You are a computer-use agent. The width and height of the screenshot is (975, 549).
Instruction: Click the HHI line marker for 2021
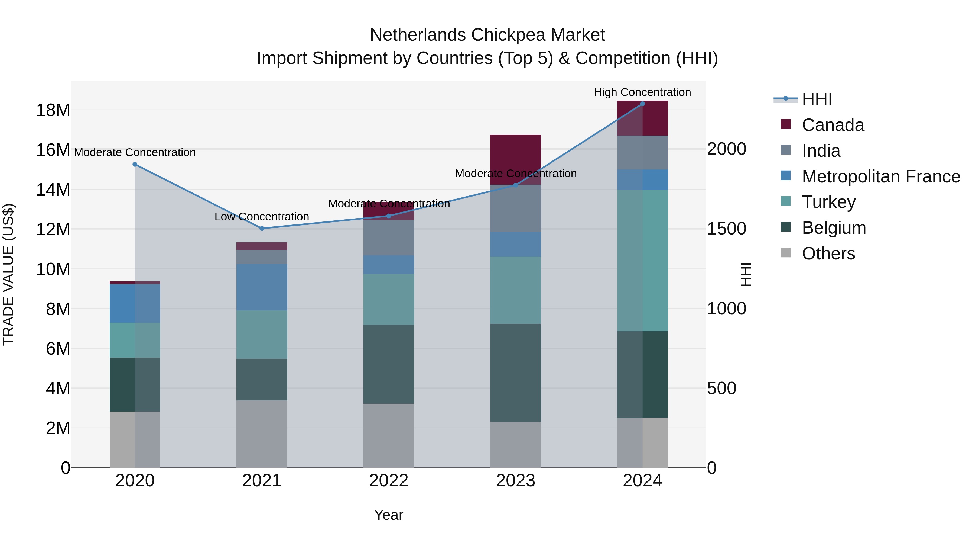(x=262, y=229)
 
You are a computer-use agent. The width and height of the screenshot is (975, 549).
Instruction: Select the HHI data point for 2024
(x=642, y=104)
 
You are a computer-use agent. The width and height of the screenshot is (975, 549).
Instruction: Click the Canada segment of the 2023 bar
(x=515, y=155)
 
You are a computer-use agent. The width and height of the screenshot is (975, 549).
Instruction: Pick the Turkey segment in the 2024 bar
(x=642, y=260)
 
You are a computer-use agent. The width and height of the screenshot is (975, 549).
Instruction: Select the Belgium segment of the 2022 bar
(x=388, y=364)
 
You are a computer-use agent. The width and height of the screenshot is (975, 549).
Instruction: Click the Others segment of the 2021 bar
(x=262, y=434)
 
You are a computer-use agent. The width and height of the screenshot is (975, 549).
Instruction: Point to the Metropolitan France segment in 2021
(x=262, y=287)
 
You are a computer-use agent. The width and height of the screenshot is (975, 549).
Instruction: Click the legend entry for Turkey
(x=828, y=202)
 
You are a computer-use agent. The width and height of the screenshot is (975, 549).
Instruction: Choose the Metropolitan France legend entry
(x=880, y=176)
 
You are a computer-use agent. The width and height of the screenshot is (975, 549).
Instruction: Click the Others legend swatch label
(x=828, y=253)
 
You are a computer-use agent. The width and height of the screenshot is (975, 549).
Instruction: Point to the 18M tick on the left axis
(x=53, y=110)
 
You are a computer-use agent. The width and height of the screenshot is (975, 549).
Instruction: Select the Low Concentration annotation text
(x=262, y=217)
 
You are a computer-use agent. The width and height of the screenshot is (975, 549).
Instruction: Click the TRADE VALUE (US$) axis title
(x=8, y=274)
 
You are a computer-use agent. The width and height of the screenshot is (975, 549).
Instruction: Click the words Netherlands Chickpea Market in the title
(x=487, y=35)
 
